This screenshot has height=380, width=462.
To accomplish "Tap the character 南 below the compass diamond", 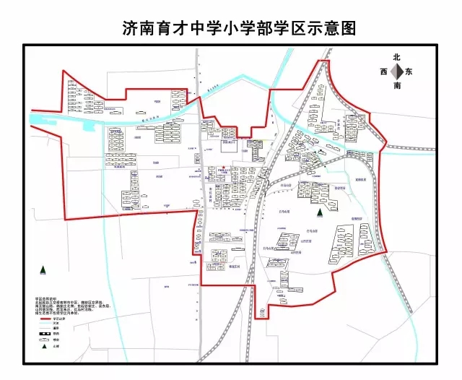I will coord(396,86).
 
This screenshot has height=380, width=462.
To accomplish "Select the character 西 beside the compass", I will coord(383,72).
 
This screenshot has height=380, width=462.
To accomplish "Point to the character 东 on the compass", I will coord(409,72).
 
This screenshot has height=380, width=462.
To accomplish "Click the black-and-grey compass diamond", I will coord(396,72).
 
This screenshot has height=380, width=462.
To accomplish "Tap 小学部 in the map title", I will coord(252,28).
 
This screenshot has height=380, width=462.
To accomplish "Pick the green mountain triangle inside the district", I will coord(318,212).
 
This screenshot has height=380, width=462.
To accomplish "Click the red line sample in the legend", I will coord(48,318).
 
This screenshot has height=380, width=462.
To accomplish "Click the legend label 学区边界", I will coord(67,319).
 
